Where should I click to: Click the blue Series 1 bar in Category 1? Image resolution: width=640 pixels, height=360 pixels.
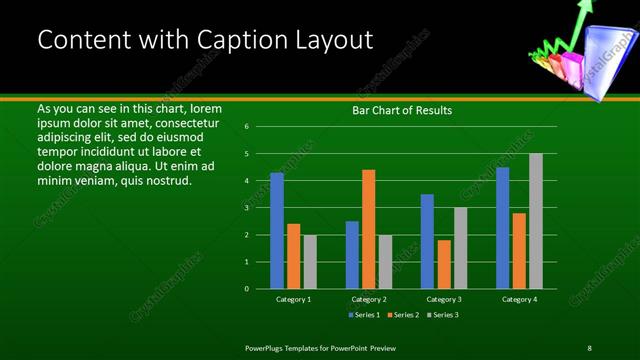pyautogui.click(x=277, y=230)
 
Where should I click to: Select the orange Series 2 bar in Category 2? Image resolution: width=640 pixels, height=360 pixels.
pyautogui.click(x=368, y=229)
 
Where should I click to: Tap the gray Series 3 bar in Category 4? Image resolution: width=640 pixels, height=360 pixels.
pyautogui.click(x=535, y=221)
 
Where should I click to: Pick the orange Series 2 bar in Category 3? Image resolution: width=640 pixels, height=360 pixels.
pyautogui.click(x=444, y=264)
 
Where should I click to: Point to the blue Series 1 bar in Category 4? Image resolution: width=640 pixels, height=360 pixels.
pyautogui.click(x=502, y=228)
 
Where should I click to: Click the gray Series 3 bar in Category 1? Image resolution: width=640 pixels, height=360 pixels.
pyautogui.click(x=310, y=261)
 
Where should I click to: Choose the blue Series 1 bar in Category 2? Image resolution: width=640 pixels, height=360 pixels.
pyautogui.click(x=352, y=254)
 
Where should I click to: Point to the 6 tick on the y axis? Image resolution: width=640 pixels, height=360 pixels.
pyautogui.click(x=246, y=127)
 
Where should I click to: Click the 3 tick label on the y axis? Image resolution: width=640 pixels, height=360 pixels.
pyautogui.click(x=246, y=208)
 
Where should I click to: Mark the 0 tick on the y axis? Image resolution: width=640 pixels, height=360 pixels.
pyautogui.click(x=246, y=289)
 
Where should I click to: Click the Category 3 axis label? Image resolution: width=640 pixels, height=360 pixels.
pyautogui.click(x=443, y=299)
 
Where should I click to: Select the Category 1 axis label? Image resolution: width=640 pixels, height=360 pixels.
pyautogui.click(x=293, y=299)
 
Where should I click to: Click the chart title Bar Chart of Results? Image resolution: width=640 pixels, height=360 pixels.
pyautogui.click(x=402, y=110)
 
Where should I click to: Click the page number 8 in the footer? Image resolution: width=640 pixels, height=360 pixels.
pyautogui.click(x=589, y=347)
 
